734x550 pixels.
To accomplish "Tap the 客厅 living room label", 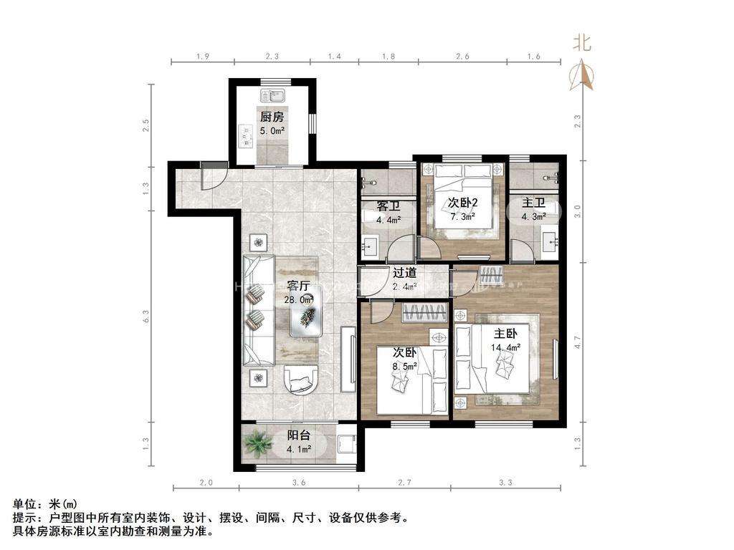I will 299,286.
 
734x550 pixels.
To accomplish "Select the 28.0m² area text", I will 299,300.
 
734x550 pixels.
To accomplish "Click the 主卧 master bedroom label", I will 505,333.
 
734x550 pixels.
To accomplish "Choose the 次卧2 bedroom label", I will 463,203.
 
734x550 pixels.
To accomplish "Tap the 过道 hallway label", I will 404,273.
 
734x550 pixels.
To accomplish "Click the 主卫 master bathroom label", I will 534,203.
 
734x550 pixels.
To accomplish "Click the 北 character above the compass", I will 581,43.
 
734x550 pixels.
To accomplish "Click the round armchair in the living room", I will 302,380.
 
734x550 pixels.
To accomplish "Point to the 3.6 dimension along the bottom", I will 299,483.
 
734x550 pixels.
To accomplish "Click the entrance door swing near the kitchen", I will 212,177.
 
